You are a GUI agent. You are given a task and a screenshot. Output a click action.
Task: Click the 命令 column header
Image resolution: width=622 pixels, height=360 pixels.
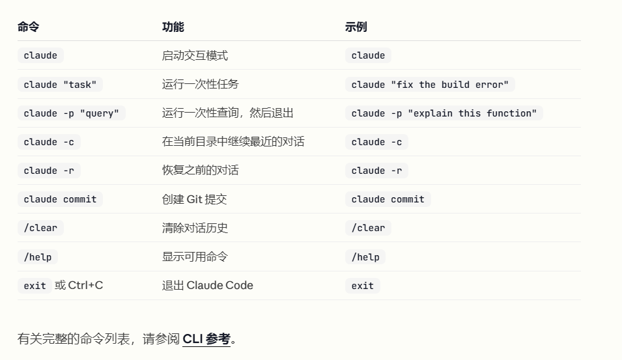tap(28, 27)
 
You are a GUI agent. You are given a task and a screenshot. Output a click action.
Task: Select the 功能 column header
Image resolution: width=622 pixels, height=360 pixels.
tap(173, 27)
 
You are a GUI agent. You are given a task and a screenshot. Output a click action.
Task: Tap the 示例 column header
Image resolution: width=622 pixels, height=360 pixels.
tap(356, 27)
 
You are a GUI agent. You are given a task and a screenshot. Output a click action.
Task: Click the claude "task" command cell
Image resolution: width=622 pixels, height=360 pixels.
tap(60, 85)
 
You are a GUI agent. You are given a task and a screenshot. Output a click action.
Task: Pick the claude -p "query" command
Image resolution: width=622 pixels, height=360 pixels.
tap(72, 113)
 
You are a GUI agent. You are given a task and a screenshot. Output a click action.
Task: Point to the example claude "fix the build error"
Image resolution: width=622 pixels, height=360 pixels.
tap(430, 85)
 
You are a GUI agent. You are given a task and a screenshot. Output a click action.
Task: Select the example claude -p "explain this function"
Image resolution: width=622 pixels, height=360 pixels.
tap(444, 113)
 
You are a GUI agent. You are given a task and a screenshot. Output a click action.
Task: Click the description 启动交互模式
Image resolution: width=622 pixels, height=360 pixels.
tap(195, 55)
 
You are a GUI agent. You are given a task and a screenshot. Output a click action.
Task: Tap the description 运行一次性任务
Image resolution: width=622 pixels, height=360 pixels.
tap(201, 84)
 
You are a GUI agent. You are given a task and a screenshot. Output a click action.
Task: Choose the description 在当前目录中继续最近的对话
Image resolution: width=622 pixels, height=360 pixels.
tap(233, 141)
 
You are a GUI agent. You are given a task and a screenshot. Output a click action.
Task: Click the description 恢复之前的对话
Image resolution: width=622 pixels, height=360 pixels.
tap(201, 170)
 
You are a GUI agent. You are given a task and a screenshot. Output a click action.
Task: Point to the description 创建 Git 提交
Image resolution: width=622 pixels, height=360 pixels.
tap(194, 199)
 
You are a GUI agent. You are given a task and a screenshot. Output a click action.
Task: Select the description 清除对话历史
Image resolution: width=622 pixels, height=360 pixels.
tap(195, 228)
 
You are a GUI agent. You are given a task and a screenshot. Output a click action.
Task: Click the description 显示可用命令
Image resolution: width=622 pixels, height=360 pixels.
tap(195, 256)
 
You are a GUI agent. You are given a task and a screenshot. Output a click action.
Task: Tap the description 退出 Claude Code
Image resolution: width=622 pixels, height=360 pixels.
tap(208, 286)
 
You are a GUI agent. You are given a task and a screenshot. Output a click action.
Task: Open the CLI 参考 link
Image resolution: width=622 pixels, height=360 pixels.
tap(206, 339)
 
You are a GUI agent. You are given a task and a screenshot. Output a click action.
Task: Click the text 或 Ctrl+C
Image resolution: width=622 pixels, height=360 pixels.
tap(79, 286)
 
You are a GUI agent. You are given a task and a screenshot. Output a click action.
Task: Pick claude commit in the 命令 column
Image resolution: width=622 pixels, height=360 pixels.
tap(60, 199)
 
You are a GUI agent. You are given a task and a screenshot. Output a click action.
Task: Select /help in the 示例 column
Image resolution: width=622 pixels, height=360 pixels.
tap(365, 257)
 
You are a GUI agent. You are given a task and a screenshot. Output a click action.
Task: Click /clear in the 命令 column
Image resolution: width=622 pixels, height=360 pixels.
tap(40, 228)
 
